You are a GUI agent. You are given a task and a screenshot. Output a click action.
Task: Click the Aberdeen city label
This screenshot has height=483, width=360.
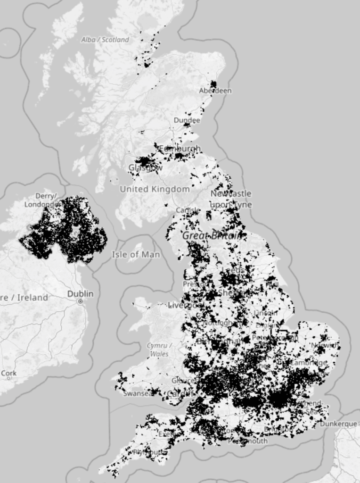(x=215, y=91)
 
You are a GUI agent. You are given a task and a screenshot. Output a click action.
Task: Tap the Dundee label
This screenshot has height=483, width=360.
(x=187, y=120)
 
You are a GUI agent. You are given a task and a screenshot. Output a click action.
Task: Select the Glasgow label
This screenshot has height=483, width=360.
(x=146, y=167)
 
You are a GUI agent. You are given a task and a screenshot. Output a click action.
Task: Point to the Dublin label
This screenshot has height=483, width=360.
(x=80, y=293)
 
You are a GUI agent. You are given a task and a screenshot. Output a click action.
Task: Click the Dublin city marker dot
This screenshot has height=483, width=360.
(x=81, y=301)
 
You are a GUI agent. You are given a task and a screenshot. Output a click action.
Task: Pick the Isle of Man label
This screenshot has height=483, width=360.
(x=136, y=255)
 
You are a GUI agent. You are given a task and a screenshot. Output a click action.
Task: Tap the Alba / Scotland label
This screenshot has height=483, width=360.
(x=105, y=40)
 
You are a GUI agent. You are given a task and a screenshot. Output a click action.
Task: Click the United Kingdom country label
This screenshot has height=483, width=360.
(x=155, y=189)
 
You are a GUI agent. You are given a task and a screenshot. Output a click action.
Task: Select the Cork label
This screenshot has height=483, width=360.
(x=9, y=373)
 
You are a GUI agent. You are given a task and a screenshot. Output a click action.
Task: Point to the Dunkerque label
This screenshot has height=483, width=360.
(x=338, y=424)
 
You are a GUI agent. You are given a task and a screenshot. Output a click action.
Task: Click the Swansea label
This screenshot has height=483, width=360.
(x=138, y=393)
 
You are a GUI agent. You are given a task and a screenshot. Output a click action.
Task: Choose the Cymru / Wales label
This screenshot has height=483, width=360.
(x=159, y=350)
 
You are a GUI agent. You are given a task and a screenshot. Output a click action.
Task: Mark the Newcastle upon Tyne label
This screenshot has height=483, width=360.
(x=231, y=199)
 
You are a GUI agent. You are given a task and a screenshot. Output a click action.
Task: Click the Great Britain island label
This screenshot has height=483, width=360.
(x=213, y=235)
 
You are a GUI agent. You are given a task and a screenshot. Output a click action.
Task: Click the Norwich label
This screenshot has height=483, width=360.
(x=325, y=345)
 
